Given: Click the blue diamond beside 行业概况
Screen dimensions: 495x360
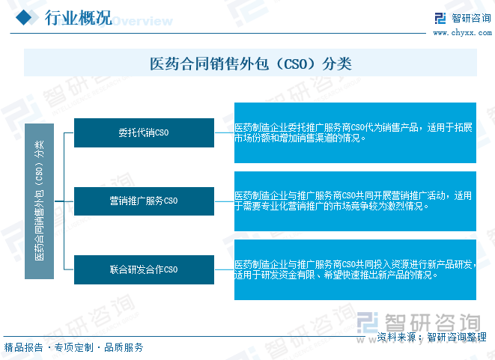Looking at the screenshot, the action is coord(24,17).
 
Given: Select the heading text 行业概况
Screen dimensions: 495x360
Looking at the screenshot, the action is coord(79,18).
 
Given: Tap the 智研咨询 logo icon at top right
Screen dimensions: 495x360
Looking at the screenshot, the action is coord(440,18).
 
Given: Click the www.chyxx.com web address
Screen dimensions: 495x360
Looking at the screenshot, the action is coord(462,32).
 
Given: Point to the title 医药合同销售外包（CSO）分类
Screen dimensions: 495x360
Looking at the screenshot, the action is coord(251,64).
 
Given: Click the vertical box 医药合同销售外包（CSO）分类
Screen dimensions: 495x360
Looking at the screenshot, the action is coord(39,201).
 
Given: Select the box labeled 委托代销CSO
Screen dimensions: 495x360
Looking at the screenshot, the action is coord(144,132).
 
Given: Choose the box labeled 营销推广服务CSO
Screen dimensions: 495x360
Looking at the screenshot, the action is coord(144,201).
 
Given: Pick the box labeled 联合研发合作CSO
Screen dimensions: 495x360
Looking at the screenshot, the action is coord(144,269).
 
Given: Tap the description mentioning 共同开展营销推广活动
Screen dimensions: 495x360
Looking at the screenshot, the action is coord(353,201).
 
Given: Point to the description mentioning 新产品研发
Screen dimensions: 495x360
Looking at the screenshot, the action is coord(355,269).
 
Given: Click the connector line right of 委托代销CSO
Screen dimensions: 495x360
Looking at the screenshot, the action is coord(224,132).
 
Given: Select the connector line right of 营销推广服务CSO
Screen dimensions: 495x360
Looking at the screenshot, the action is coord(224,201).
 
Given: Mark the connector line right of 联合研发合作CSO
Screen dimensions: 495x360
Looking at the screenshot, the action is coord(224,269).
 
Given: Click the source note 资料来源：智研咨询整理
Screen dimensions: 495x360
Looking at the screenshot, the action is coord(432,337).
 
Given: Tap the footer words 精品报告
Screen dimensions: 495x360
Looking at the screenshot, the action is coord(23,347).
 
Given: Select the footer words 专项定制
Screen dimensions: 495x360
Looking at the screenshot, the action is coord(74,347).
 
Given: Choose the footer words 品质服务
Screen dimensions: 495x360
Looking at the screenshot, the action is coord(124,347).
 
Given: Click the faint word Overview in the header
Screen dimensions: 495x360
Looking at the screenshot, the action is coord(143,21).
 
